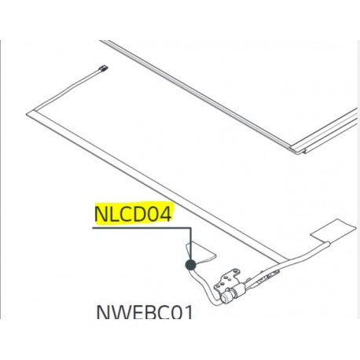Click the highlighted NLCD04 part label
[133, 214]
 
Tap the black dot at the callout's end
[189, 265]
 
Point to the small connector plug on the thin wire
[104, 69]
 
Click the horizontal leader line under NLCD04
[141, 228]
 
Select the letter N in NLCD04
[101, 214]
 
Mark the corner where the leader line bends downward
[190, 228]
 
